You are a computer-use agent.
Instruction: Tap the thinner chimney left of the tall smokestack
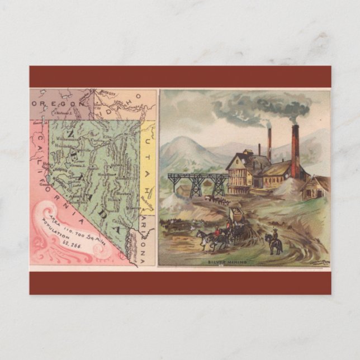pos(269,145)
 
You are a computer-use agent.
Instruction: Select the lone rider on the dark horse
pos(274,243)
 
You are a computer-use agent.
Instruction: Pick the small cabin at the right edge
pos(316,188)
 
